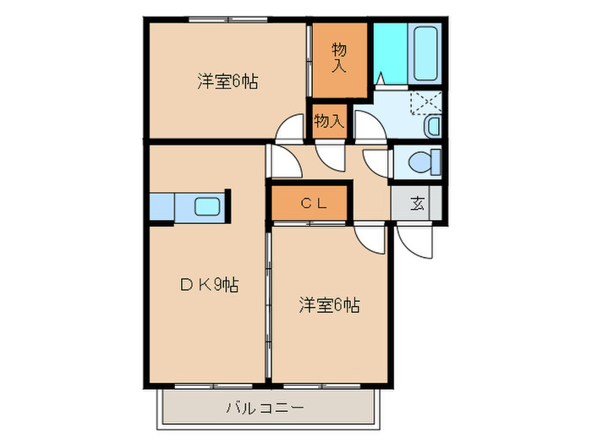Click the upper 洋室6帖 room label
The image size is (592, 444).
pyautogui.click(x=227, y=82)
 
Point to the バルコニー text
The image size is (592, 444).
pyautogui.click(x=265, y=408)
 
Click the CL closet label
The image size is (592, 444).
pyautogui.click(x=309, y=203)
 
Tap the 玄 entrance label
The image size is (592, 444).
pyautogui.click(x=417, y=203)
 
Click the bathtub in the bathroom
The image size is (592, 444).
pyautogui.click(x=423, y=52)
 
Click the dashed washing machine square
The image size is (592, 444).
pyautogui.click(x=425, y=103)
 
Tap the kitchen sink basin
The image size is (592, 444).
pyautogui.click(x=207, y=206)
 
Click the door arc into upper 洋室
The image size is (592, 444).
pyautogui.click(x=289, y=129)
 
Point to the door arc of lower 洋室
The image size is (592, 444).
pyautogui.click(x=370, y=238)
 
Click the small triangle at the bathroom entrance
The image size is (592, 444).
pyautogui.click(x=381, y=79)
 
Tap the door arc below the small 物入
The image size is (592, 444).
pyautogui.click(x=330, y=154)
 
